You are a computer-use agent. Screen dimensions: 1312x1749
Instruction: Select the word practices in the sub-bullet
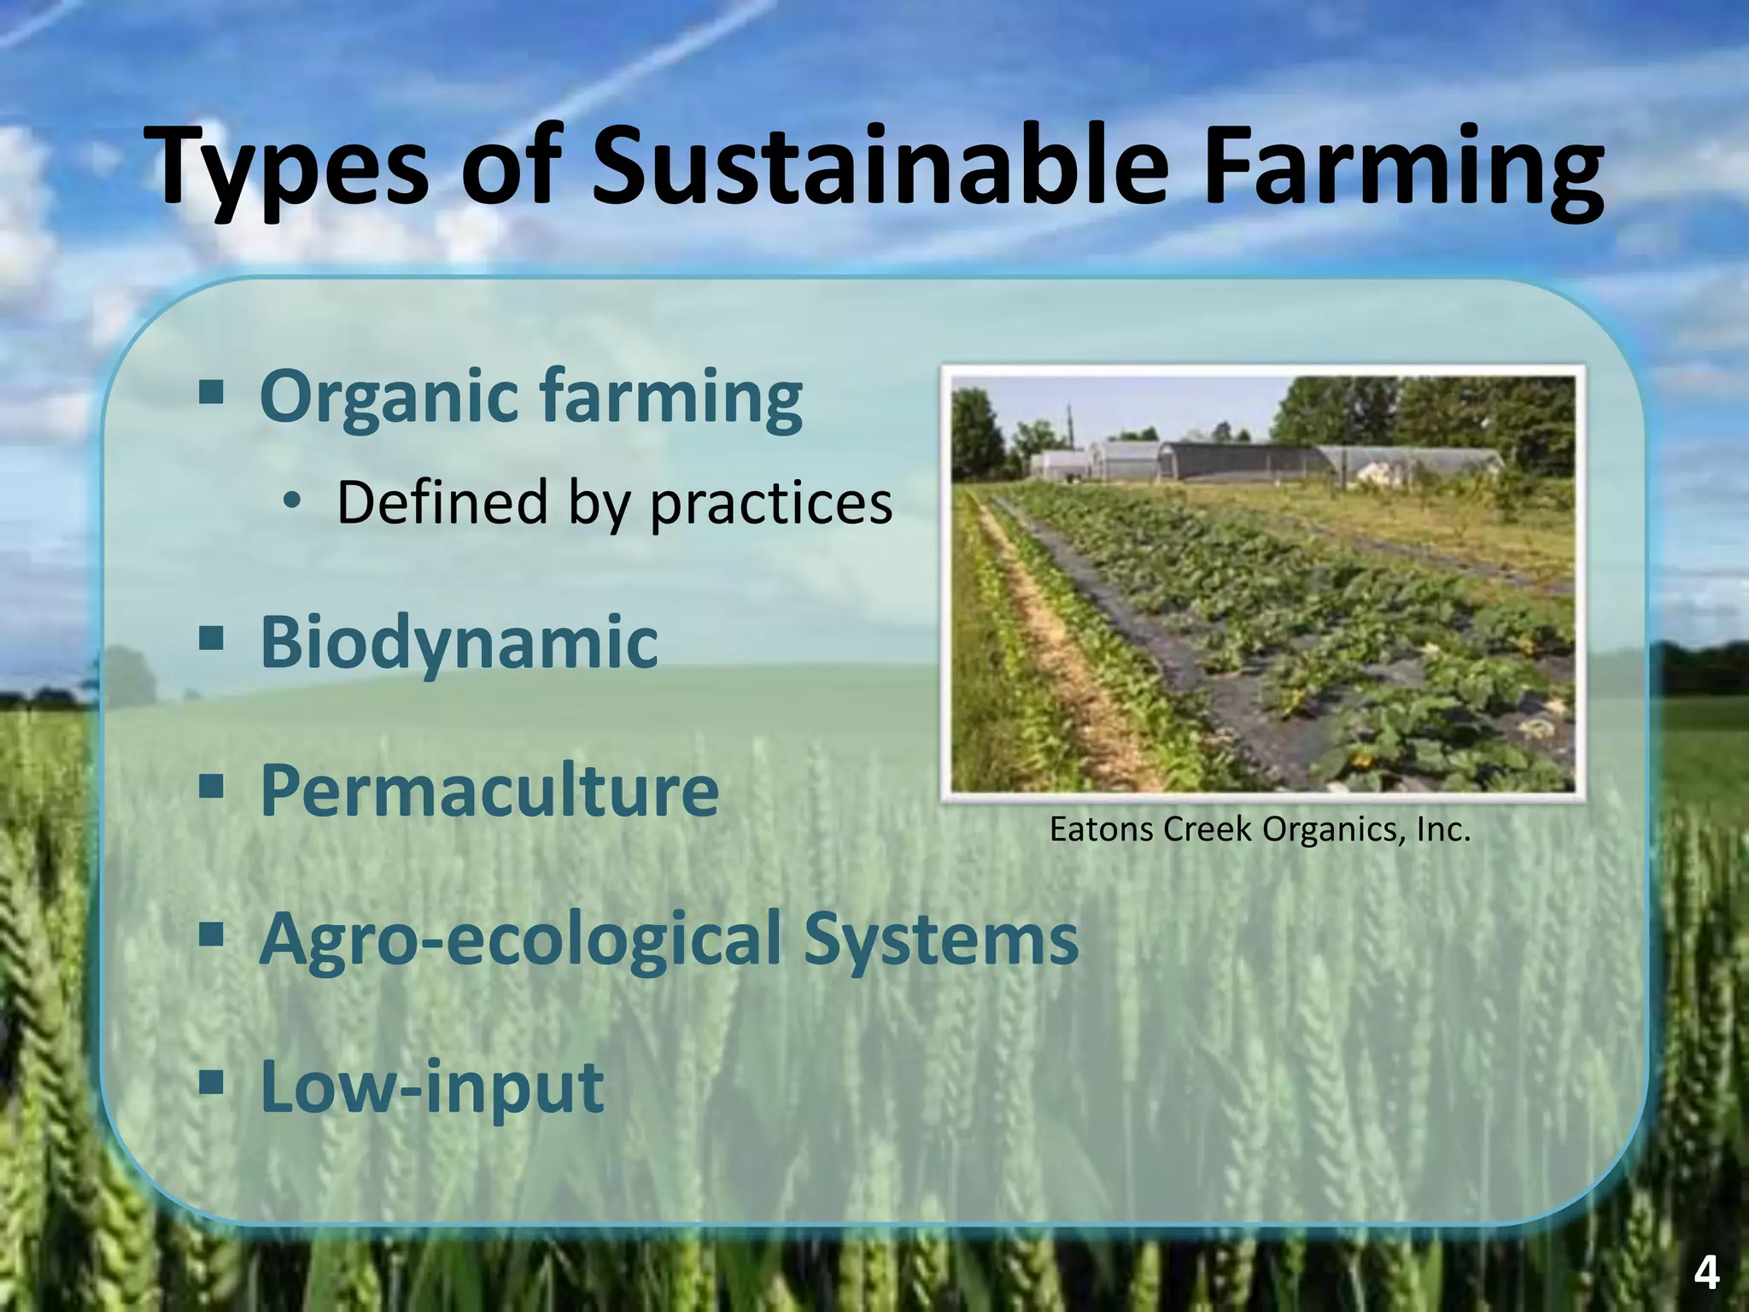(x=771, y=504)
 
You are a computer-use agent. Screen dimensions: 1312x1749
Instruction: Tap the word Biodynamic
(x=459, y=642)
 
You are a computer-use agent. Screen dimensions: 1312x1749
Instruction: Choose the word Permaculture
(x=489, y=790)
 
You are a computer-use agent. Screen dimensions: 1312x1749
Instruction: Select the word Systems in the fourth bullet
(x=941, y=938)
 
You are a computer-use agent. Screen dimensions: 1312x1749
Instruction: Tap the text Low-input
(x=432, y=1087)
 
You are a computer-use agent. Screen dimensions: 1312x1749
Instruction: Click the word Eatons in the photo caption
(x=1103, y=829)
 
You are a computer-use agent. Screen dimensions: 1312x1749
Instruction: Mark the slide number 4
(x=1705, y=1274)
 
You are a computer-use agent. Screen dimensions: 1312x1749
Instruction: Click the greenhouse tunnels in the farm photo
(x=1264, y=462)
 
